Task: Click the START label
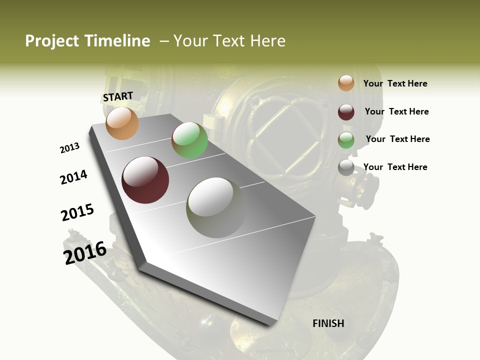tap(118, 96)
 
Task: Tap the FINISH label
tap(328, 323)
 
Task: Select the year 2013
tap(69, 148)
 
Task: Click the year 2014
tap(73, 177)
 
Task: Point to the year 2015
tap(77, 212)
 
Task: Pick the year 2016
tap(85, 252)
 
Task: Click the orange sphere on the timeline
tap(122, 123)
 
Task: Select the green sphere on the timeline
tap(189, 140)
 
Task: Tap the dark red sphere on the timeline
tap(145, 180)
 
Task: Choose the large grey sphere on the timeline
tap(216, 207)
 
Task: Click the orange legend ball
tap(346, 83)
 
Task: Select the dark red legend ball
tap(346, 112)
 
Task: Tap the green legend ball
tap(346, 140)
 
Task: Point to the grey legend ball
tap(346, 168)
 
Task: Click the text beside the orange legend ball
tap(395, 83)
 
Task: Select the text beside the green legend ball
tap(397, 139)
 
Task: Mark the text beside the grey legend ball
tap(395, 167)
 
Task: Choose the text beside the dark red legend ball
tap(396, 111)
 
